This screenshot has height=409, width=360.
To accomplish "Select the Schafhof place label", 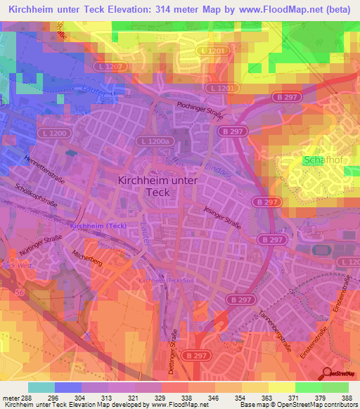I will click(323, 160).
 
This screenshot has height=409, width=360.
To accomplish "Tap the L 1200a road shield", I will click(155, 141).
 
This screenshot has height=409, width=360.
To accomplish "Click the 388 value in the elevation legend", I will click(347, 398).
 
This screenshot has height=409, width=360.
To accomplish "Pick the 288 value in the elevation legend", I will click(21, 398).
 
